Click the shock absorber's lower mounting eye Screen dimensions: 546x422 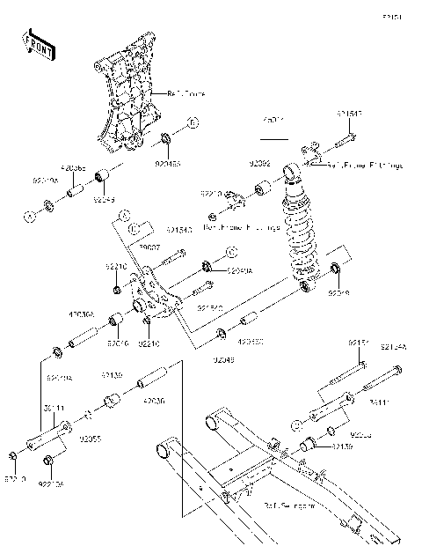click(304, 284)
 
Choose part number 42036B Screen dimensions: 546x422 click(72, 166)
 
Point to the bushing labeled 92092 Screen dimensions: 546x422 click(263, 189)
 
